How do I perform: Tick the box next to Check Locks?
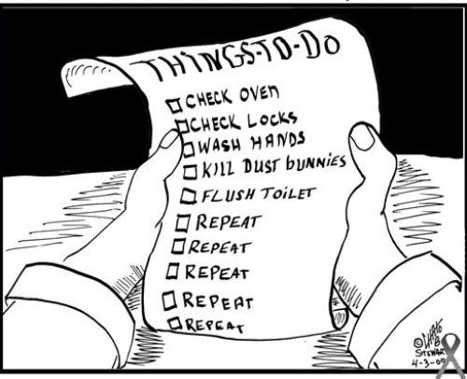183,126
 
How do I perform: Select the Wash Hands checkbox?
189,148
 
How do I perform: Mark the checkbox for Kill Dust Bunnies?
191,172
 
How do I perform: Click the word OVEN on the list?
259,93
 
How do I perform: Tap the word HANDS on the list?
278,142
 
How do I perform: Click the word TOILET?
288,193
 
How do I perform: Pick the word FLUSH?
228,195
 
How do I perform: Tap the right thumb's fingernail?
362,138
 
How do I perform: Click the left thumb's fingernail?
170,139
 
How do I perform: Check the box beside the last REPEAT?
176,324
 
